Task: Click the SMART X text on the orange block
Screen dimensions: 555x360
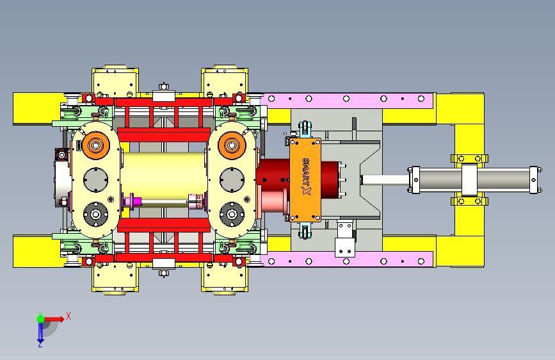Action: click(306, 177)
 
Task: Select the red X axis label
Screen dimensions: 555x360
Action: click(68, 316)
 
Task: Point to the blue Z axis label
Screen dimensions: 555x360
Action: click(40, 344)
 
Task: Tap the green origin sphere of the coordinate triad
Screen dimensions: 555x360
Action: click(40, 319)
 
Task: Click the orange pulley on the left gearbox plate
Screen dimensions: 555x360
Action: click(96, 145)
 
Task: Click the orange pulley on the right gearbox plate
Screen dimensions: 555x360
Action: click(232, 145)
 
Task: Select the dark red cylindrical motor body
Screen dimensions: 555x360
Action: click(297, 178)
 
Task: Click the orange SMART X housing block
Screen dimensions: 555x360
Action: click(305, 180)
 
